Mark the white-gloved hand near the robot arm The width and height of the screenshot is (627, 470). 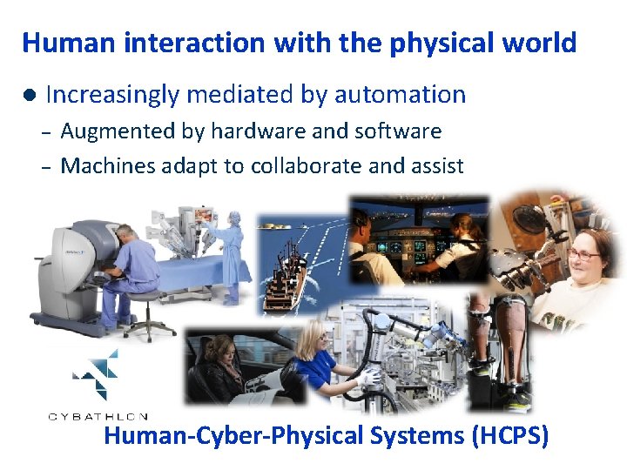pyautogui.click(x=369, y=377)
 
